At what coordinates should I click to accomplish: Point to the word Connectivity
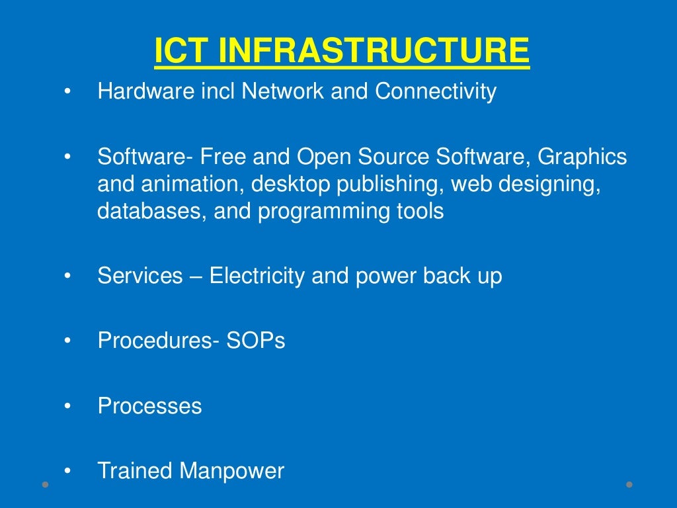click(436, 91)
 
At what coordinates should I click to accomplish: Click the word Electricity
click(257, 275)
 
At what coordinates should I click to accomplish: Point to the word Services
click(140, 275)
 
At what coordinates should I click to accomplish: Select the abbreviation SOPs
click(256, 340)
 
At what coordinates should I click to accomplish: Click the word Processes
click(150, 405)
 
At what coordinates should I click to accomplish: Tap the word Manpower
click(232, 471)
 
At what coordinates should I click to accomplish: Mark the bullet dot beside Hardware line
click(67, 92)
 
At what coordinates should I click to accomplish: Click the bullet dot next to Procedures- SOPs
click(67, 341)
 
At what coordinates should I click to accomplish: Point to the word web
click(472, 185)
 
